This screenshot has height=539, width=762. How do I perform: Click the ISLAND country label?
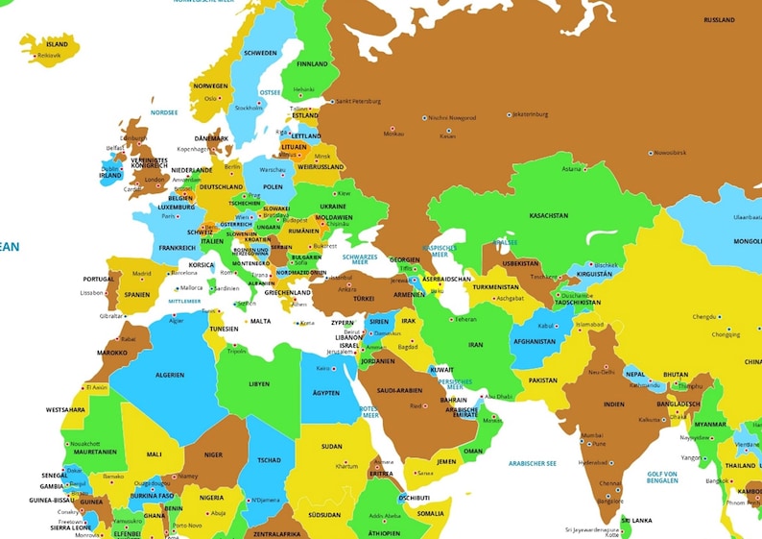[58, 43]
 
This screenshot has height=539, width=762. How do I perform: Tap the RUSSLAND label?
[719, 20]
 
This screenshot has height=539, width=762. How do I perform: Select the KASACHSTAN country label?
[549, 215]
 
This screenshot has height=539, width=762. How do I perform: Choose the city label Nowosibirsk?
[669, 152]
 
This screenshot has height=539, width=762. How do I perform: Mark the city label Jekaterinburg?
[531, 113]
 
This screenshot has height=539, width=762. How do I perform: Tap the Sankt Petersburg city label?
[358, 101]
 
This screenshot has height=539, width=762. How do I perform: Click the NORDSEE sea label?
[164, 112]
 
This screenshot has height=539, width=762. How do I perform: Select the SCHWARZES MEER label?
[359, 260]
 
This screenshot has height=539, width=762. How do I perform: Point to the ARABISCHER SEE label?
[533, 463]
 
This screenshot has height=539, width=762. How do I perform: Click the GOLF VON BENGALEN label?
[662, 477]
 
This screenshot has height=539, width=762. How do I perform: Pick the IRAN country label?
[475, 344]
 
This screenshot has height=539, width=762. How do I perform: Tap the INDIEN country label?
[613, 404]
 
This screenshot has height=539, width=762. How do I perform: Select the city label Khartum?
[346, 466]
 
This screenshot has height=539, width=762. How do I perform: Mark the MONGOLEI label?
[746, 241]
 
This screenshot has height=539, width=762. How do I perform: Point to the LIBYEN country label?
[259, 383]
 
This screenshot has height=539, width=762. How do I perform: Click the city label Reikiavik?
[49, 56]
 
